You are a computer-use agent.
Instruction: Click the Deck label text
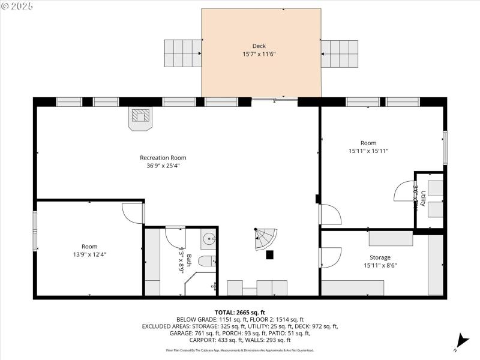tap(259, 46)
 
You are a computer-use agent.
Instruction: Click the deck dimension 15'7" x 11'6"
tap(259, 54)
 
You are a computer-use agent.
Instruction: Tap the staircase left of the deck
tap(183, 53)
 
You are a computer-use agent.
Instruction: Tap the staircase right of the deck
tap(339, 53)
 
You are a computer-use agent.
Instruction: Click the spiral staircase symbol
tap(263, 239)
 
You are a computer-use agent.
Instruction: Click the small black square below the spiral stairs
tap(269, 255)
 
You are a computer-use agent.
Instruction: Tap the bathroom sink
tap(209, 239)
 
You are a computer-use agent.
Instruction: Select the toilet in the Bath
tap(207, 262)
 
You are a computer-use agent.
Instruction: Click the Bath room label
tap(189, 260)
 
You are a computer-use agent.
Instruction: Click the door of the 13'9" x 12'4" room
tap(133, 213)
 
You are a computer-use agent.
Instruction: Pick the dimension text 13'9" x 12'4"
tap(89, 254)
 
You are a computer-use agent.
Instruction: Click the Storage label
tap(380, 257)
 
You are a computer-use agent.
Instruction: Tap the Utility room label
tap(424, 199)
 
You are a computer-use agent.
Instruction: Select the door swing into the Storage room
tap(331, 257)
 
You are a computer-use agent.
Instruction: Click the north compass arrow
tap(460, 340)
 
